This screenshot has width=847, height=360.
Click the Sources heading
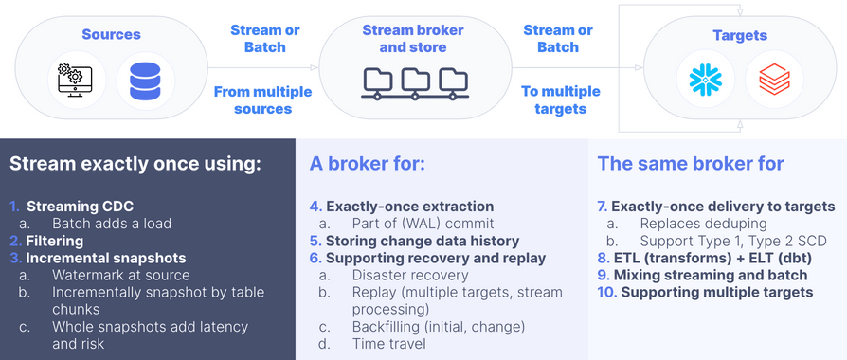[111, 35]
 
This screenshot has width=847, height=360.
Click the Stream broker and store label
[413, 38]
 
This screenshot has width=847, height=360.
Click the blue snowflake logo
[705, 81]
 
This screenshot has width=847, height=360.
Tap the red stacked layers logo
[768, 81]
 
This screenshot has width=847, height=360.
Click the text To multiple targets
[560, 99]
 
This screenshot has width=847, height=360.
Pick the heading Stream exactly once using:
[135, 164]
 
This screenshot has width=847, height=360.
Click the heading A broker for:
[368, 164]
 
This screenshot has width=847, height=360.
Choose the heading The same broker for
[691, 164]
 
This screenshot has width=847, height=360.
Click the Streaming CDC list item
[80, 207]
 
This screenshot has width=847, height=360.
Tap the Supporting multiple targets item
[716, 292]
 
